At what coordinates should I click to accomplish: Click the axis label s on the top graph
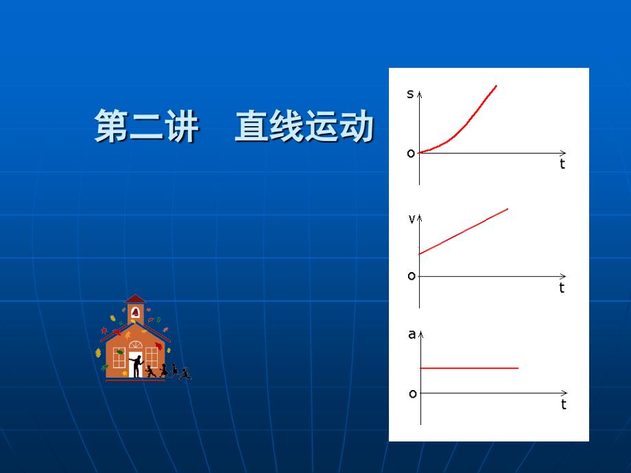tap(410, 94)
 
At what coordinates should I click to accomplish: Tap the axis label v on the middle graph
tap(412, 219)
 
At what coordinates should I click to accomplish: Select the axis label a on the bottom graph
tap(412, 335)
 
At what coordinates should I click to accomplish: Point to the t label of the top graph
tap(562, 165)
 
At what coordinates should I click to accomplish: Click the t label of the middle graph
tap(562, 288)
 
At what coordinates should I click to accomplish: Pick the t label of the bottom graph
tap(564, 404)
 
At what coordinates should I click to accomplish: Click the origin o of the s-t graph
tap(411, 154)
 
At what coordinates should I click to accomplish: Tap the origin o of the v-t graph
tap(412, 276)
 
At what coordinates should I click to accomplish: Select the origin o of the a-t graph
tap(413, 394)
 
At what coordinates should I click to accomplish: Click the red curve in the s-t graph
tap(466, 124)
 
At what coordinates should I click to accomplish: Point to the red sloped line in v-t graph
tap(463, 232)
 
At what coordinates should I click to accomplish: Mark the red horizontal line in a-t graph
tap(469, 368)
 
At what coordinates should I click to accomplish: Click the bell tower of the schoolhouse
tap(135, 309)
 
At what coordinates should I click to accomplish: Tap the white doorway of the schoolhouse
tap(134, 365)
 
